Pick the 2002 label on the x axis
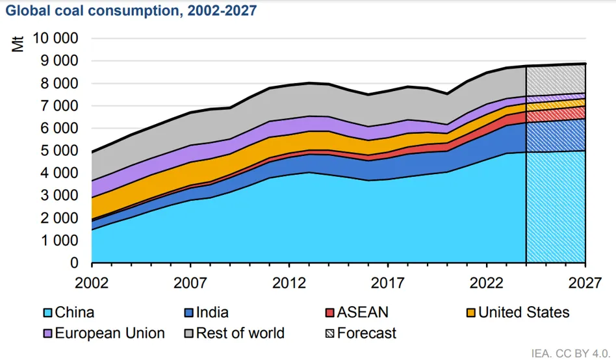(92, 284)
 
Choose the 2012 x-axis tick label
(289, 284)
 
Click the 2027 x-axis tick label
(585, 284)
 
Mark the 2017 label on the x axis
(388, 284)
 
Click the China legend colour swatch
(47, 313)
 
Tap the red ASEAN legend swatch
(330, 313)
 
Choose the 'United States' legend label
(524, 313)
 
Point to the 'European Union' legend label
(110, 333)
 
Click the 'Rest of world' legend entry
(240, 333)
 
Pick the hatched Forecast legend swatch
(330, 333)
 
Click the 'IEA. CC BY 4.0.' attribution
(570, 353)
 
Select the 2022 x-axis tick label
(486, 284)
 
